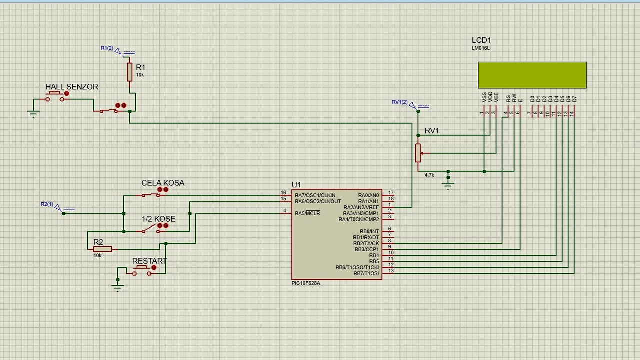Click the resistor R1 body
129,72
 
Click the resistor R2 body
102,249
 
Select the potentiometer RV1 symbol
418,153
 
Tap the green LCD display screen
532,75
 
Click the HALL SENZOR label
72,87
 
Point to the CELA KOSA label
163,183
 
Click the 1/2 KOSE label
158,219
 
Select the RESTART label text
149,261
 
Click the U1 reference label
297,185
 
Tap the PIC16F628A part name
306,283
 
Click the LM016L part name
481,48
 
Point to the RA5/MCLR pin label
307,213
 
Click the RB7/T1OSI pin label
366,273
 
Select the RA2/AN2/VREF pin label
361,207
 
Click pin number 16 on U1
283,193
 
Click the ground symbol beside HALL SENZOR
33,114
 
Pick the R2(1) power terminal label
47,204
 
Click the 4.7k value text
429,175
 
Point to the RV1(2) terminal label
400,102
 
